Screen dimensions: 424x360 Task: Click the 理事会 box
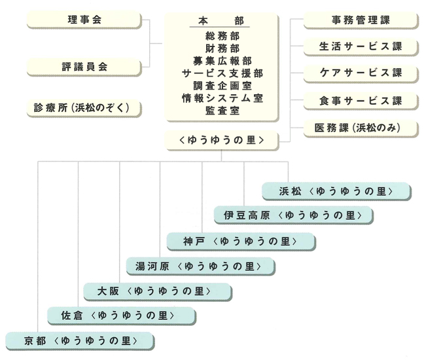pyautogui.click(x=84, y=20)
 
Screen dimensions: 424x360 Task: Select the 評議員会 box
pyautogui.click(x=84, y=67)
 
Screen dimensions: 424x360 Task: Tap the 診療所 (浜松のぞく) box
pyautogui.click(x=84, y=108)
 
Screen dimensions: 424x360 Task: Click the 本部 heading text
pyautogui.click(x=221, y=21)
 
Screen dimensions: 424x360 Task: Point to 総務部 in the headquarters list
pyautogui.click(x=222, y=36)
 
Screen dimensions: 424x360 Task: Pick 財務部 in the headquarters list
pyautogui.click(x=222, y=48)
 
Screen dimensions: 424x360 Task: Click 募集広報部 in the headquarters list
pyautogui.click(x=222, y=61)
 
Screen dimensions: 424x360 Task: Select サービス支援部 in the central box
pyautogui.click(x=222, y=73)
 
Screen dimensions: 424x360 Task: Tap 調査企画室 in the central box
pyautogui.click(x=222, y=86)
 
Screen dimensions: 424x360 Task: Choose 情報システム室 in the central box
pyautogui.click(x=222, y=98)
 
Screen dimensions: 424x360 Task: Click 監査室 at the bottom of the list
pyautogui.click(x=222, y=111)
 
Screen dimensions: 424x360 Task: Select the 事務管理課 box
pyautogui.click(x=361, y=20)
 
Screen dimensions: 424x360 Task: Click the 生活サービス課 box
pyautogui.click(x=361, y=46)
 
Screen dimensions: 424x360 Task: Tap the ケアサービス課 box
pyautogui.click(x=361, y=73)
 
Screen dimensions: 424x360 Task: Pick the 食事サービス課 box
pyautogui.click(x=361, y=101)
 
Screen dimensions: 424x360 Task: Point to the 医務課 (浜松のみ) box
pyautogui.click(x=361, y=128)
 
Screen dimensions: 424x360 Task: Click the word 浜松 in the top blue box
pyautogui.click(x=290, y=192)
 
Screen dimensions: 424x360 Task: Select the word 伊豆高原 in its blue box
pyautogui.click(x=247, y=215)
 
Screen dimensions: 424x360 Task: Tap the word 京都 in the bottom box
pyautogui.click(x=35, y=341)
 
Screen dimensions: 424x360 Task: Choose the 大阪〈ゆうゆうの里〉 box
pyautogui.click(x=158, y=291)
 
